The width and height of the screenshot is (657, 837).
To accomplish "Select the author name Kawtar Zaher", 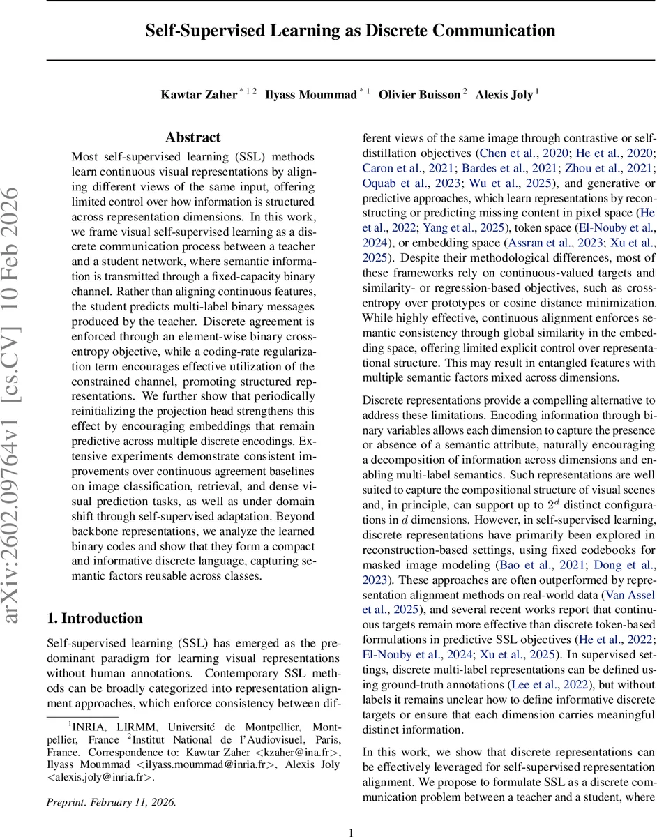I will pos(199,95).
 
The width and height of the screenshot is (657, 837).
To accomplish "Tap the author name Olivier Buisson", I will pos(418,95).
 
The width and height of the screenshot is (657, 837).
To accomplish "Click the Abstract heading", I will pos(192,137).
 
